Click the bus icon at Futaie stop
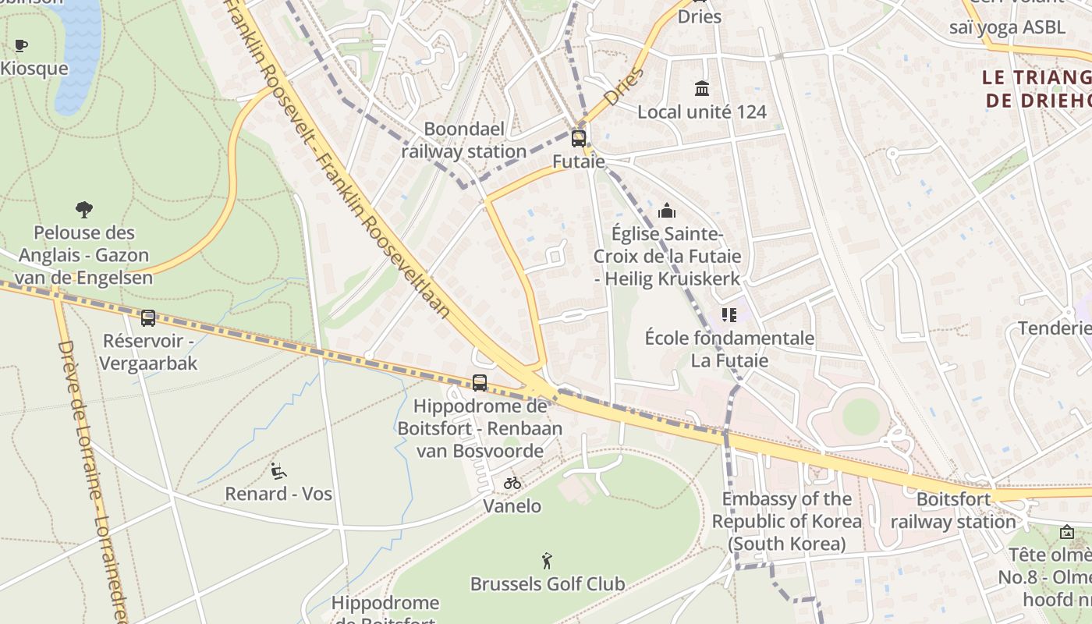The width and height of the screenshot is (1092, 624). (578, 139)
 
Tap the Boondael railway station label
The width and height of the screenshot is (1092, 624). (464, 140)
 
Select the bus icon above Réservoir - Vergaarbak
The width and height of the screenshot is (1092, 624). (147, 318)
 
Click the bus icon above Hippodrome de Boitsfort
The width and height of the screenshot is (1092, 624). (480, 383)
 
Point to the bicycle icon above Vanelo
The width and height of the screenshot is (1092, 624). (512, 483)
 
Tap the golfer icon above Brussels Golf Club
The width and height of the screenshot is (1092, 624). (547, 560)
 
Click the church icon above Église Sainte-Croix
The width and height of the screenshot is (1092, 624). (667, 211)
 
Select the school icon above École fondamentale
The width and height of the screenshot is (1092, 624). (729, 315)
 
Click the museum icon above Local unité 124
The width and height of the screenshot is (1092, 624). (701, 88)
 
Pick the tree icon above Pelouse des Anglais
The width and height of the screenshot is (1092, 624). (84, 209)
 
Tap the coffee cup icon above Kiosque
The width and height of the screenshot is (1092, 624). (21, 45)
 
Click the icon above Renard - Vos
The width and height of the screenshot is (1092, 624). (278, 470)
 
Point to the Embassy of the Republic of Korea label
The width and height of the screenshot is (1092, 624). (786, 521)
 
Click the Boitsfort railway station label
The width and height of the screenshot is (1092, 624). (953, 510)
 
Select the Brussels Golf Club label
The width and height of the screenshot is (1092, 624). (547, 583)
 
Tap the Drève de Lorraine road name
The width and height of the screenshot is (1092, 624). (92, 476)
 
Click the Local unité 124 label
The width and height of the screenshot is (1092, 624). (701, 112)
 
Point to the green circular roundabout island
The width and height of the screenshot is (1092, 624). (860, 417)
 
